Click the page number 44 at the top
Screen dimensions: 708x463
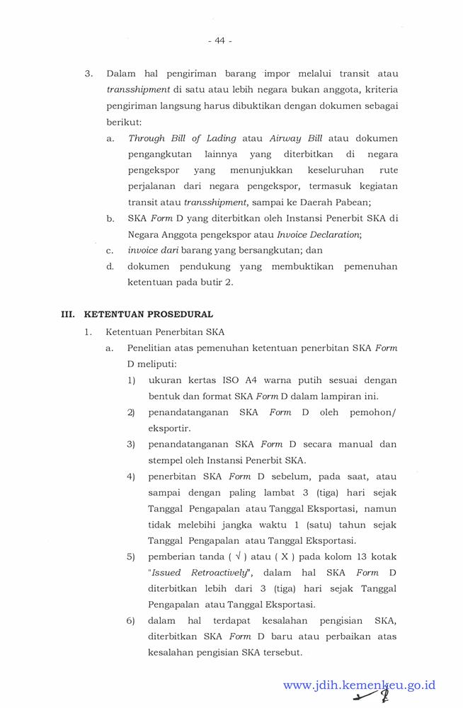click(220, 41)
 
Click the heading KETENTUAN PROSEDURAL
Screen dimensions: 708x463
click(148, 314)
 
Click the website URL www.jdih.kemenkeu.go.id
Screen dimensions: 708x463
click(359, 685)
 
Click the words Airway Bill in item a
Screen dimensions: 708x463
click(301, 138)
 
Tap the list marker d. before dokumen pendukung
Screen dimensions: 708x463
click(110, 267)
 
